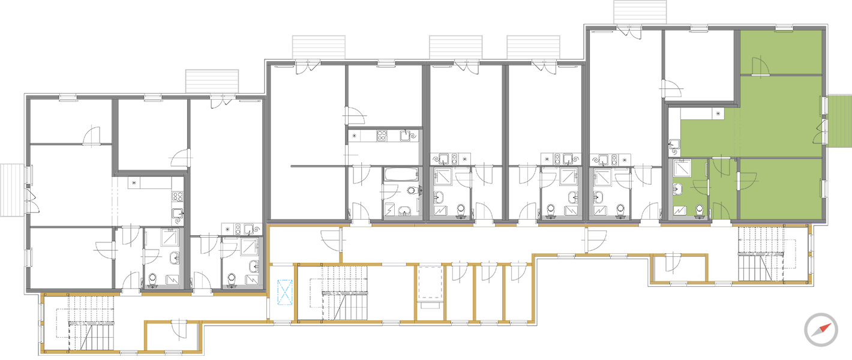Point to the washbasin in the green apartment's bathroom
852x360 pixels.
[678, 189]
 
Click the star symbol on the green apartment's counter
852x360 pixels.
[718, 113]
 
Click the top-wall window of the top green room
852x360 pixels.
[785, 27]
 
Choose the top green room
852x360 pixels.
[780, 53]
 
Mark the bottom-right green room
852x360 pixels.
[780, 189]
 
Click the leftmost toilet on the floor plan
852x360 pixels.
[152, 280]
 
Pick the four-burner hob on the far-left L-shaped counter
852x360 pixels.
[178, 196]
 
